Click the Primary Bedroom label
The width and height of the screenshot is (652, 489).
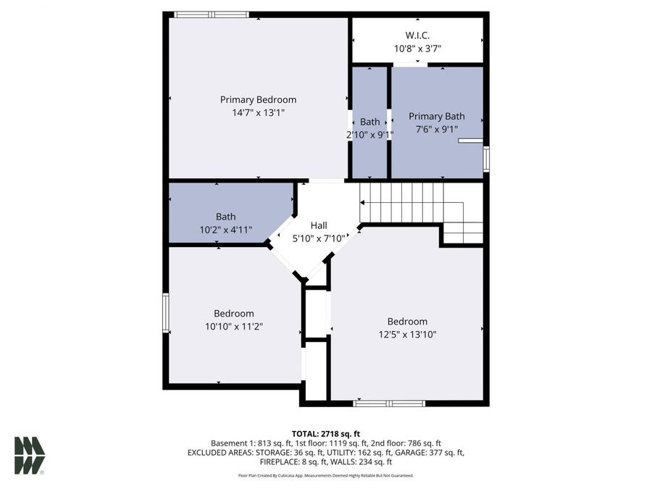[258, 100]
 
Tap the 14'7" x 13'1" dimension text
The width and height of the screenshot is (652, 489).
[258, 112]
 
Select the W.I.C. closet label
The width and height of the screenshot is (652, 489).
[417, 35]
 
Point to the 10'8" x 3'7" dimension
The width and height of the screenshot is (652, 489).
[417, 49]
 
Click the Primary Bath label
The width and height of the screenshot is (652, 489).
[436, 116]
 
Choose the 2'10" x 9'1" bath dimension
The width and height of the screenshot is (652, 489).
[369, 134]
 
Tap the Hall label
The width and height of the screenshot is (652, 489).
[319, 225]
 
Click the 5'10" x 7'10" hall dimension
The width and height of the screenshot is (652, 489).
[319, 238]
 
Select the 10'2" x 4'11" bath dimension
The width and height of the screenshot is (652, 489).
[225, 230]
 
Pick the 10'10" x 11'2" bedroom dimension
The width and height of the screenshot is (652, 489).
[233, 327]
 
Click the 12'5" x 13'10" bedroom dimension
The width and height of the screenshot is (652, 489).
[407, 334]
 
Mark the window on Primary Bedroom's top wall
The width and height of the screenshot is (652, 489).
[212, 14]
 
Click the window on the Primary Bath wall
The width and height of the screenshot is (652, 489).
[486, 159]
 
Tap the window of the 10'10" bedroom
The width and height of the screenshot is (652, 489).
[166, 313]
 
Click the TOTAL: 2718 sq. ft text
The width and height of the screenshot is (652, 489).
[325, 432]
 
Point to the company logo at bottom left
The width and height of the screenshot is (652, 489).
[30, 456]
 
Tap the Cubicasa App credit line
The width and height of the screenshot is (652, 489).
[325, 475]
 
